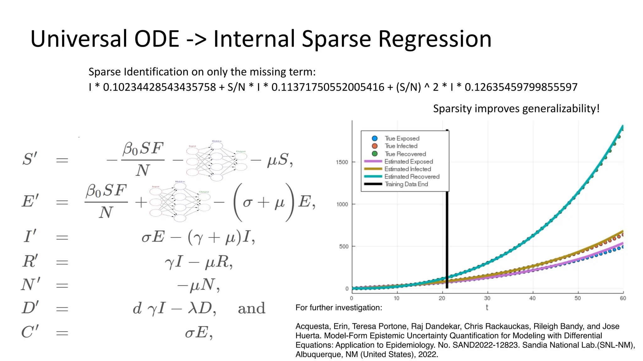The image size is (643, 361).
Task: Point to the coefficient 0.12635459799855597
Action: coord(521,87)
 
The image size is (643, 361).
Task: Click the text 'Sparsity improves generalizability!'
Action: coord(516,108)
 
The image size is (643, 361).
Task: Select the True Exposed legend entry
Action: coord(402,139)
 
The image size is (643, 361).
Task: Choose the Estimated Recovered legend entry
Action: coord(412,177)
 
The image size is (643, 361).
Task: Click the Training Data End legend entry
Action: coord(406,184)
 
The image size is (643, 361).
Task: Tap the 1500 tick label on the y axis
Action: coord(342,162)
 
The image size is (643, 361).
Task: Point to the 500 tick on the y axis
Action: coord(343,246)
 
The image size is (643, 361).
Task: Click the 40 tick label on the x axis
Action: coord(532,298)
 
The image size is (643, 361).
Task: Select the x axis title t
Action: coord(487,307)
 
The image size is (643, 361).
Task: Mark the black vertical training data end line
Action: coord(447,238)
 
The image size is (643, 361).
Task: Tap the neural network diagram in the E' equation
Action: coord(180,201)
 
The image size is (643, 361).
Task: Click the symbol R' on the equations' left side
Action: coord(30,261)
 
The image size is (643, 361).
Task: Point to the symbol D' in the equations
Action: coord(30,308)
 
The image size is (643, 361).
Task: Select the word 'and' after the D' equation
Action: coord(251,308)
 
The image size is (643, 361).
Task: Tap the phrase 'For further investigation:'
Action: coord(339,307)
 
